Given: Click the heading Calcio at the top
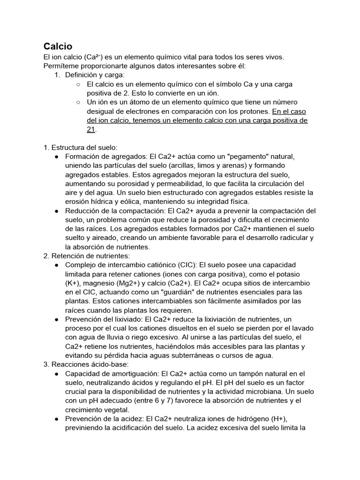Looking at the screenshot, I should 58,46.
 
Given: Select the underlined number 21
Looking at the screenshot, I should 91,129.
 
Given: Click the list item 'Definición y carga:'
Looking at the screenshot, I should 95,75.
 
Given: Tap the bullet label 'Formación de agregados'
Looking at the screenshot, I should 106,156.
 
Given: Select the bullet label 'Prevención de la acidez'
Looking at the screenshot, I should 104,419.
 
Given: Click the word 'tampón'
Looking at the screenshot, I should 236,374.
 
